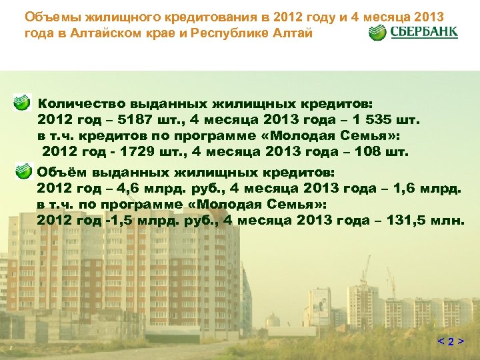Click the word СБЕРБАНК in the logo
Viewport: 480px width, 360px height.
424,32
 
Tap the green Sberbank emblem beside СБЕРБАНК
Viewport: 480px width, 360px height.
378,32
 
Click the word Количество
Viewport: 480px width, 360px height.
81,104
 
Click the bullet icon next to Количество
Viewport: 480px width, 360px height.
23,103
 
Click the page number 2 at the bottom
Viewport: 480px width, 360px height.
451,342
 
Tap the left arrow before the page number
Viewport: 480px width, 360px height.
441,342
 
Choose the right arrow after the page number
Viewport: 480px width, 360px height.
461,342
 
